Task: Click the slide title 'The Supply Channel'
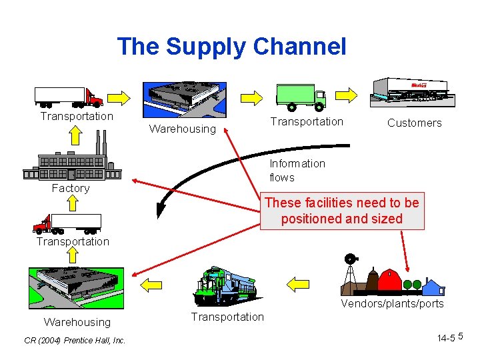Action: [231, 47]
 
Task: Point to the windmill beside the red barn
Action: [349, 273]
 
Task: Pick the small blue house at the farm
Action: [433, 287]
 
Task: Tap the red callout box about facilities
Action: [342, 211]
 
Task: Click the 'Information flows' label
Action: [297, 169]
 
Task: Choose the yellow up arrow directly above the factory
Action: [76, 136]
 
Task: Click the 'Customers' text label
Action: [414, 123]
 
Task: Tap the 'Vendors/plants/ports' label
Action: [392, 304]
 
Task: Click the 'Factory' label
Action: [71, 188]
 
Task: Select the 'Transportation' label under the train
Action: [227, 317]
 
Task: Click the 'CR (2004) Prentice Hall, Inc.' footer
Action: [74, 341]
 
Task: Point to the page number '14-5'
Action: [446, 339]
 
